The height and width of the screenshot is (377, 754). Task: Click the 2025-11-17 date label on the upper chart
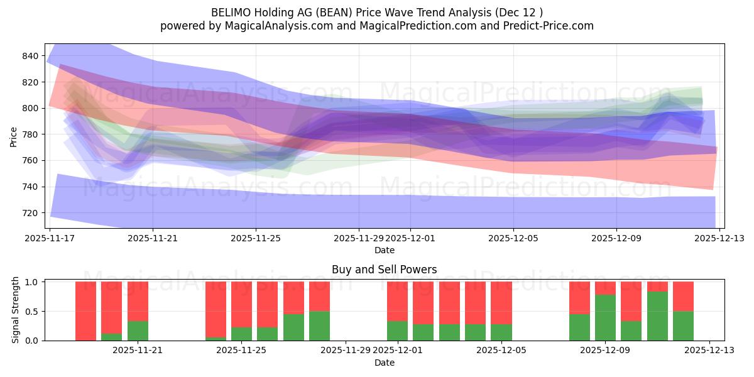tap(50, 238)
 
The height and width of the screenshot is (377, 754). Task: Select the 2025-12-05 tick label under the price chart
tap(513, 238)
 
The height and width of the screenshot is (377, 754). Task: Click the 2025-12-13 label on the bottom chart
tap(709, 351)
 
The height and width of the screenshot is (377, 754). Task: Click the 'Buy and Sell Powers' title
tap(384, 270)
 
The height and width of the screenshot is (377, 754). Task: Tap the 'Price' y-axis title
tap(14, 136)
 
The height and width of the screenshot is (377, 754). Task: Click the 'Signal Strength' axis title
tap(16, 310)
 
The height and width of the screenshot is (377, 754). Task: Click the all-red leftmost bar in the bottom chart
tap(85, 311)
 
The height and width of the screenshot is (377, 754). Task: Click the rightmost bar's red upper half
tap(683, 296)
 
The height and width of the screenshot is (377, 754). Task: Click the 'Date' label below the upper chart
tap(384, 250)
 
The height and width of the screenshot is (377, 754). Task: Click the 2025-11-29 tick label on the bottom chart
tap(346, 351)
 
